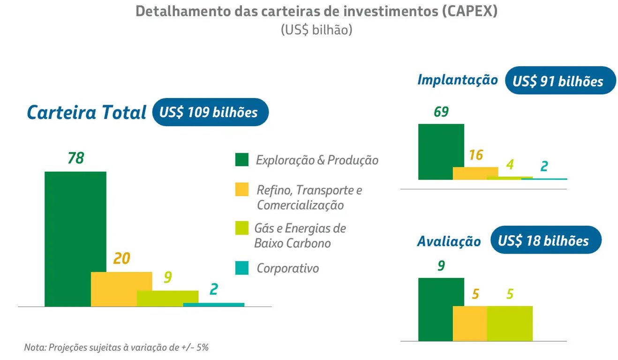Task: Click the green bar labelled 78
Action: [x=75, y=239]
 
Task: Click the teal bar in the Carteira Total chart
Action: [x=213, y=305]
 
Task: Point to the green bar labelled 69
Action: [x=441, y=151]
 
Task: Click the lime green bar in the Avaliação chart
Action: [x=510, y=323]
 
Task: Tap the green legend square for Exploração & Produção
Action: [x=241, y=160]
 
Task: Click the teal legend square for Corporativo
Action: [x=241, y=268]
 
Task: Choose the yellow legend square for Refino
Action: [x=241, y=190]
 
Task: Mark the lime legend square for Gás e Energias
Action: [x=241, y=229]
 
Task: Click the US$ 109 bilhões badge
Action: [x=210, y=112]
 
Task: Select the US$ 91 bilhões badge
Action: [x=560, y=81]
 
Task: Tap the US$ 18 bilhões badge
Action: [x=545, y=240]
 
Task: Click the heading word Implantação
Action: [x=457, y=80]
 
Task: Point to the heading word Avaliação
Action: [x=449, y=241]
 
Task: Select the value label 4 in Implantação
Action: [x=510, y=165]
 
